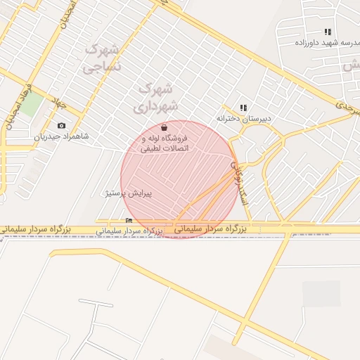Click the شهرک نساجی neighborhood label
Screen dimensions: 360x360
point(101,58)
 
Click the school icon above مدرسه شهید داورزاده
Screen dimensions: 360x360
point(328,32)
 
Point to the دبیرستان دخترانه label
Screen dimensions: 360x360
point(243,119)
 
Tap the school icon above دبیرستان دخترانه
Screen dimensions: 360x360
point(243,108)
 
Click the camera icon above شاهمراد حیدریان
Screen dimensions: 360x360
point(61,126)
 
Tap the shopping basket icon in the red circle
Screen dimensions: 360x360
point(164,128)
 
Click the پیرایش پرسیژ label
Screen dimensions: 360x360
point(128,192)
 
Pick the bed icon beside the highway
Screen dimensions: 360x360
point(129,221)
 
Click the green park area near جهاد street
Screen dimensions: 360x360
point(31,105)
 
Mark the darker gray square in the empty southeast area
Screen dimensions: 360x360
point(321,294)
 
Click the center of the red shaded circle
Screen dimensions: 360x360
point(179,179)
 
